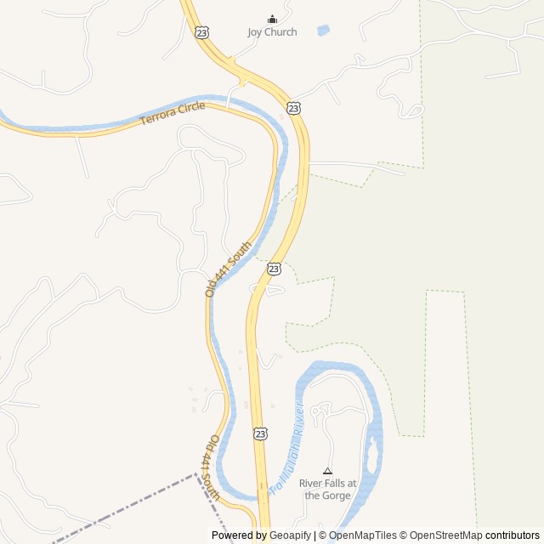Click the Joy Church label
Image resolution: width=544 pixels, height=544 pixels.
(x=272, y=32)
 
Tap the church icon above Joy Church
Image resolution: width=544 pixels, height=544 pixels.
(x=272, y=19)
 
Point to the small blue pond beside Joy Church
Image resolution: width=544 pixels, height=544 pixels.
(x=323, y=31)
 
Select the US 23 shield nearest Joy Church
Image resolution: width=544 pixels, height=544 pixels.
(x=201, y=31)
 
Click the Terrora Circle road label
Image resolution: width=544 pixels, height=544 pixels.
(x=173, y=113)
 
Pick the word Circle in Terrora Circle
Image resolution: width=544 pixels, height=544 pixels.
(x=190, y=109)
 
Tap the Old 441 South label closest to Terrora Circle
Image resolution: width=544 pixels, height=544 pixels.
(x=229, y=269)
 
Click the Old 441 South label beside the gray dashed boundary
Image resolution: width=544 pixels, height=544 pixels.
(x=211, y=467)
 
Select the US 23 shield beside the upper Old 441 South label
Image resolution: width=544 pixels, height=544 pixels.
(x=274, y=268)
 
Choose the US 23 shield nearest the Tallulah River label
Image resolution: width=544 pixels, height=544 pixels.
(x=260, y=433)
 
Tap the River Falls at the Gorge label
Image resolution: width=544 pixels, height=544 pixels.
(x=327, y=490)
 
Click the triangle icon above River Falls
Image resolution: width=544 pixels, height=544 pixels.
(x=327, y=471)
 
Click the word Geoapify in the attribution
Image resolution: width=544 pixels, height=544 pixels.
(x=290, y=535)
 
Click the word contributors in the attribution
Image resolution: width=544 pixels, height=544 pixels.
(x=513, y=535)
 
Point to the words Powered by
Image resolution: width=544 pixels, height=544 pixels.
(x=239, y=535)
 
